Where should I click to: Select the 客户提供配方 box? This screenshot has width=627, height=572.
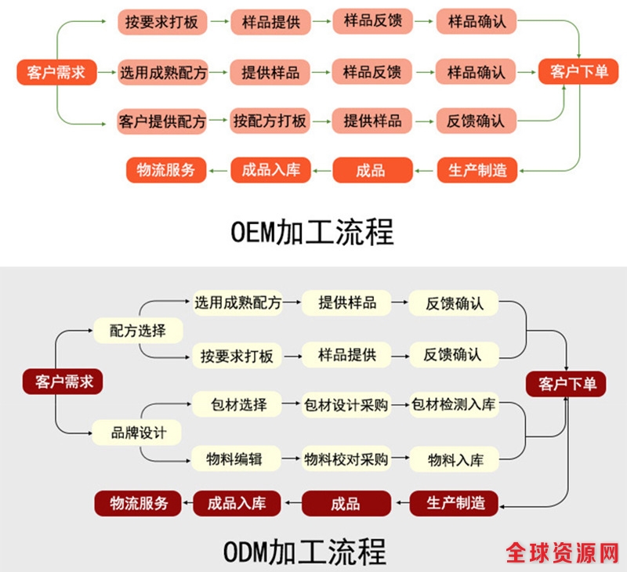162,121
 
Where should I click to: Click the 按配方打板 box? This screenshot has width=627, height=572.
270,121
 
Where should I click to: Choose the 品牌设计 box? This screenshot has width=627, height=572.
137,432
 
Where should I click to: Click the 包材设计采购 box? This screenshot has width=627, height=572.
346,404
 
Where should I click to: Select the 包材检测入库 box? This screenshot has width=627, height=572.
454,404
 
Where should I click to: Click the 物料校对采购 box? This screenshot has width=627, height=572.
346,459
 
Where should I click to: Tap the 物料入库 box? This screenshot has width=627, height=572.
455,459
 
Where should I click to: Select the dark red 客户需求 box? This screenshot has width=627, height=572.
63,382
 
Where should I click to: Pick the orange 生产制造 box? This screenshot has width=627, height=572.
477,169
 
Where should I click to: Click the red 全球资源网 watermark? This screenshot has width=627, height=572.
561,553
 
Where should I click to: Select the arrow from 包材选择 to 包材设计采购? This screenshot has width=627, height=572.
292,404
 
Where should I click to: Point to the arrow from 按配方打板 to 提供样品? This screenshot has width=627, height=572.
321,121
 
